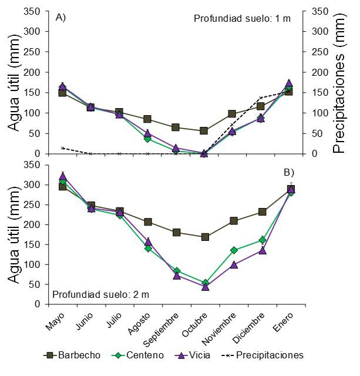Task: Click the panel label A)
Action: point(60,18)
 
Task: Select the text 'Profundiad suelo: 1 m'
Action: point(242,19)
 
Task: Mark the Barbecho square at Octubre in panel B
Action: point(204,237)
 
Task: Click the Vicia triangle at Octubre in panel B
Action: point(204,286)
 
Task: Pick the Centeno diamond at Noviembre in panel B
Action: point(234,250)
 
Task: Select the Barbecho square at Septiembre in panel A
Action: point(176,127)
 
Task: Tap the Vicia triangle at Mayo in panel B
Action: point(63,176)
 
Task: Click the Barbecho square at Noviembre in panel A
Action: point(233,114)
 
